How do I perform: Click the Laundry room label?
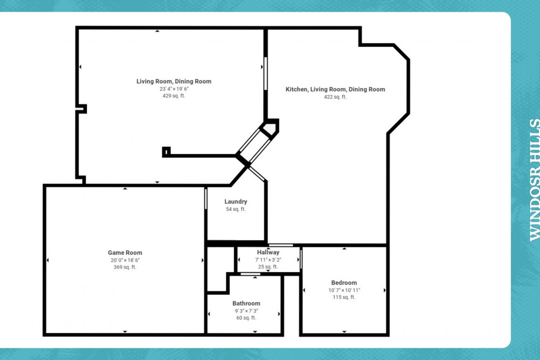click(236, 202)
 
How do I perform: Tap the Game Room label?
click(125, 253)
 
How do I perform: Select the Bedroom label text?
click(344, 283)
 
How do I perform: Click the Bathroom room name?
click(246, 303)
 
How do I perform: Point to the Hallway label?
click(268, 252)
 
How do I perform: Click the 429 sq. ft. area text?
click(173, 96)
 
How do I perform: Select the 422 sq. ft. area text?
click(335, 97)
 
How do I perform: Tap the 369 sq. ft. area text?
click(125, 267)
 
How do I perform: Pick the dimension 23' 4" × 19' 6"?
click(173, 89)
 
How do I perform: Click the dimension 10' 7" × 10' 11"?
click(344, 290)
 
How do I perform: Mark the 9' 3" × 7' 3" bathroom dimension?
click(246, 310)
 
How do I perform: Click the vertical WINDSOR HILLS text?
click(534, 180)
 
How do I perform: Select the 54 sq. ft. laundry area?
click(236, 209)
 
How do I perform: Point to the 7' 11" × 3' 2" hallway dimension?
click(268, 259)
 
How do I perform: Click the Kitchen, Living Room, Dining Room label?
click(335, 89)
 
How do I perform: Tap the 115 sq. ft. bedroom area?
click(344, 297)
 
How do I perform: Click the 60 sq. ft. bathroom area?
click(246, 317)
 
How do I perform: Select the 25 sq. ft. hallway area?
click(268, 266)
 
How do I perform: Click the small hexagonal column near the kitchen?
click(269, 129)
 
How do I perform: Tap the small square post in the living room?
click(166, 152)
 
